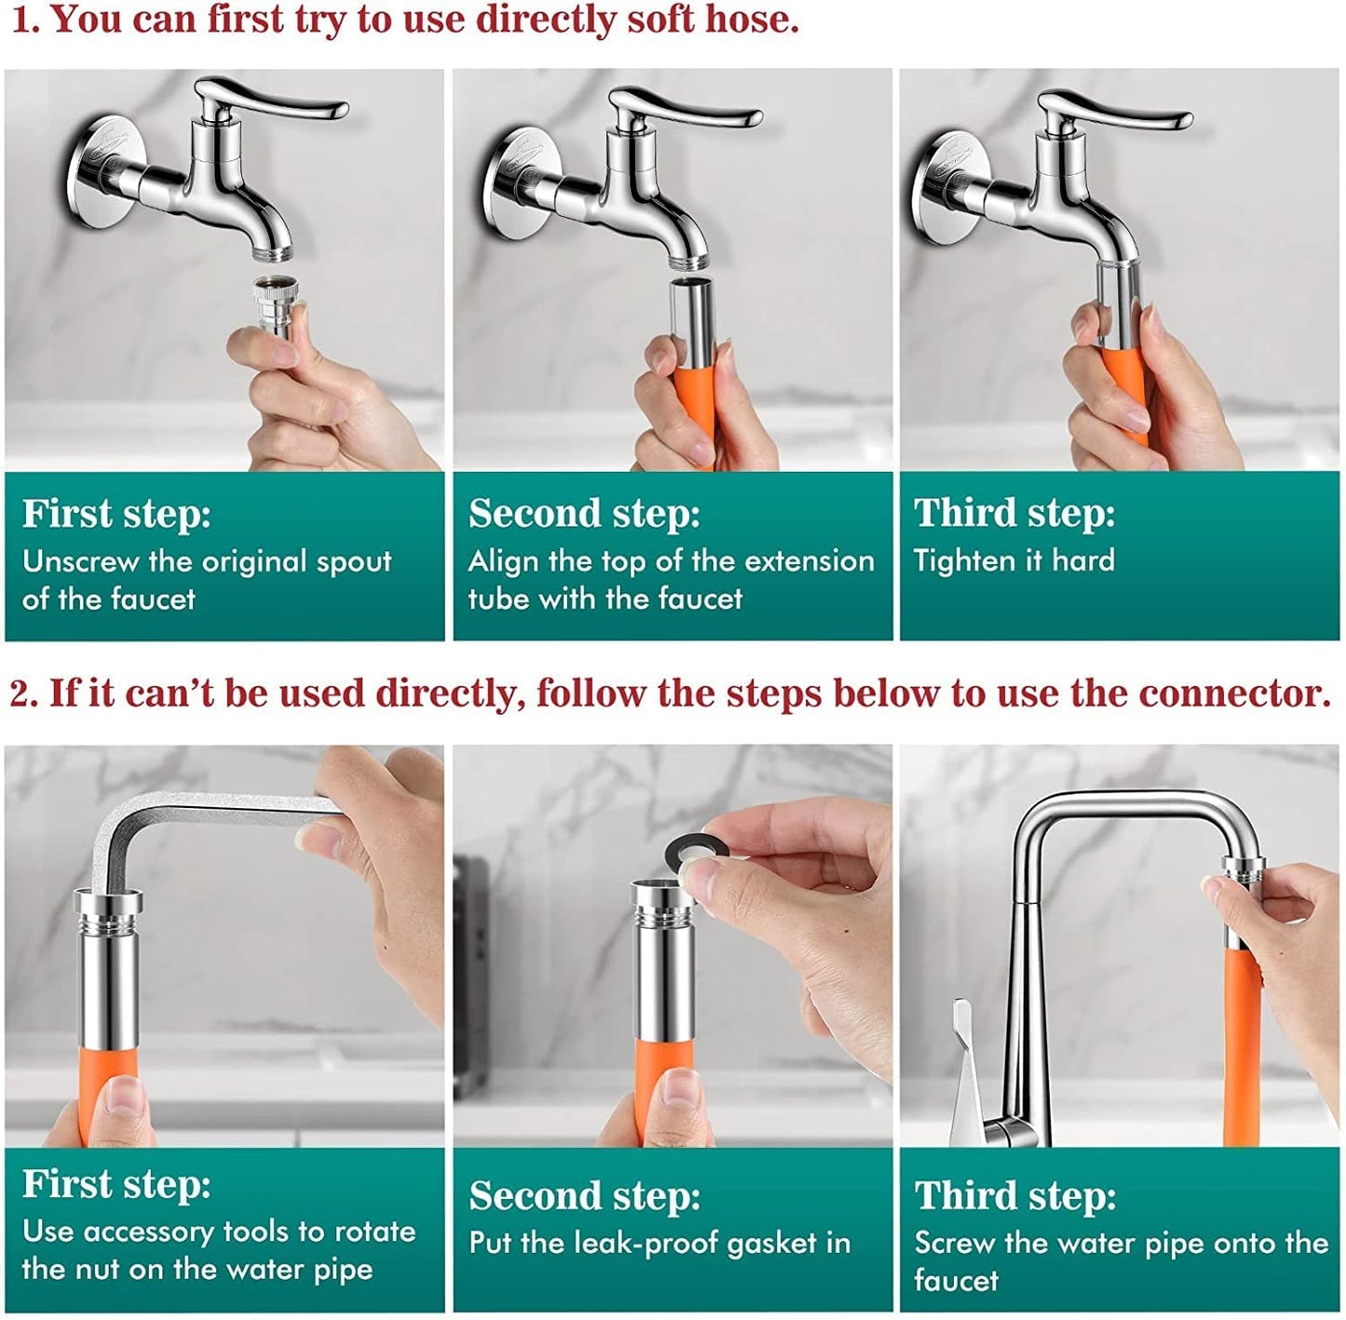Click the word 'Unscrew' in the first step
pos(80,561)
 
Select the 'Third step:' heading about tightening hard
pos(1013,513)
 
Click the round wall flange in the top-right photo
pos(941,186)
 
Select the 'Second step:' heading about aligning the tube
pos(584,513)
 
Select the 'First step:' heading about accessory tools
pos(116,1184)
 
